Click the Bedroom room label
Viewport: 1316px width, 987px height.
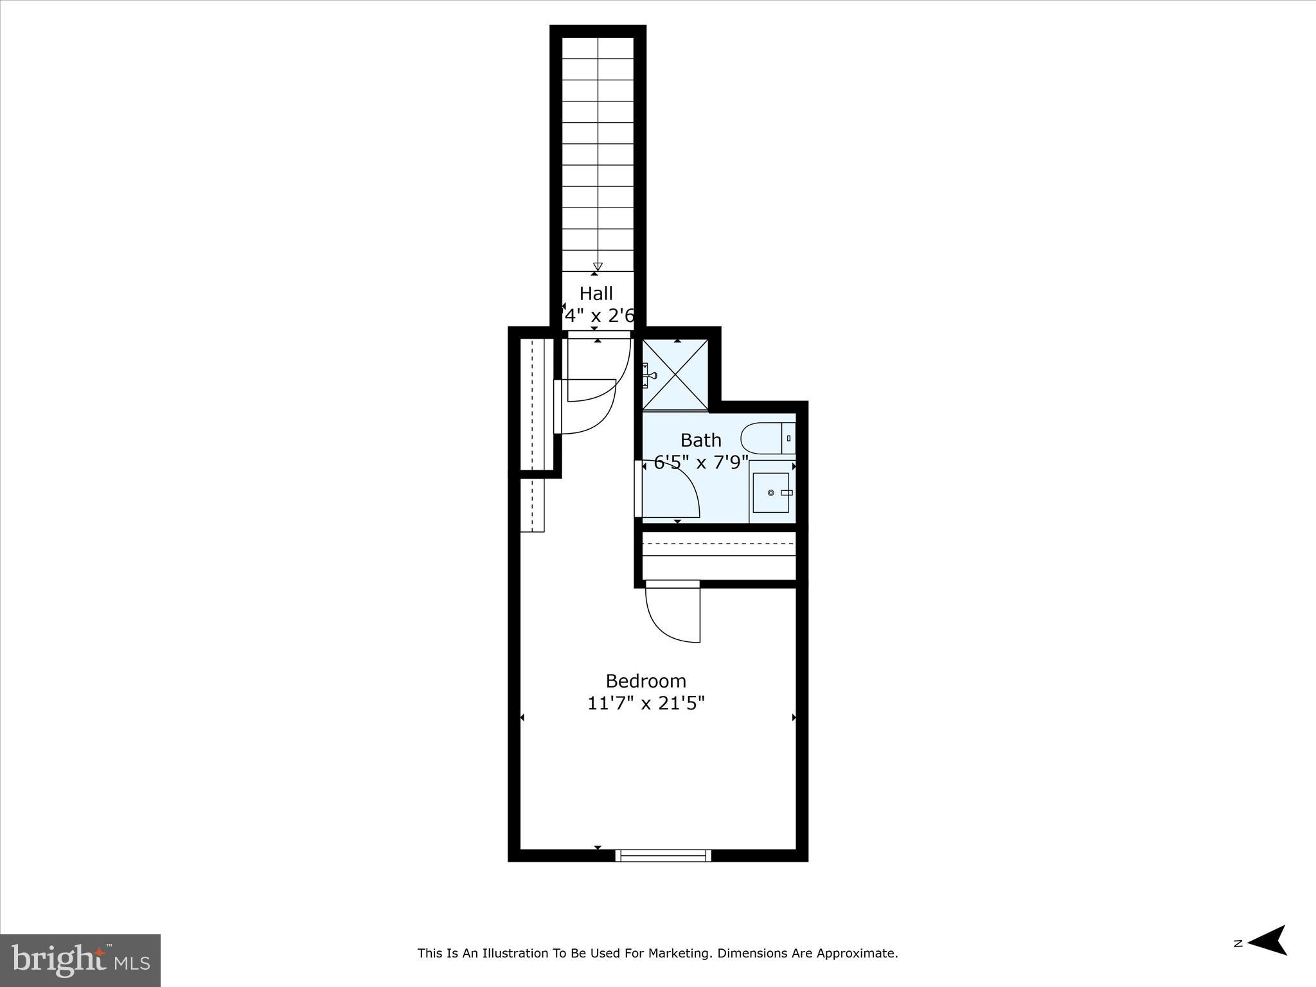tap(646, 681)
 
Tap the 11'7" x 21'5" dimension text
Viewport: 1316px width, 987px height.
tap(646, 704)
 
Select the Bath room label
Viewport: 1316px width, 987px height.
tap(700, 440)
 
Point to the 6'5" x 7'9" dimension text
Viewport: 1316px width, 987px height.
tap(701, 462)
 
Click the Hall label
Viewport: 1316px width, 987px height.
tap(596, 294)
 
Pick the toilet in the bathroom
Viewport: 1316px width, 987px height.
tap(761, 438)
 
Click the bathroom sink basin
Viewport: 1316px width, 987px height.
tap(770, 492)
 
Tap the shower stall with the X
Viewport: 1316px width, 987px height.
tap(675, 374)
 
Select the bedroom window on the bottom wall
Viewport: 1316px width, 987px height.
tap(663, 855)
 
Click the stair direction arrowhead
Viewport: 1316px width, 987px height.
tap(598, 267)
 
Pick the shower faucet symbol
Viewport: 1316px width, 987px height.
tap(650, 375)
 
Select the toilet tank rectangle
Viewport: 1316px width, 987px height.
tap(788, 438)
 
